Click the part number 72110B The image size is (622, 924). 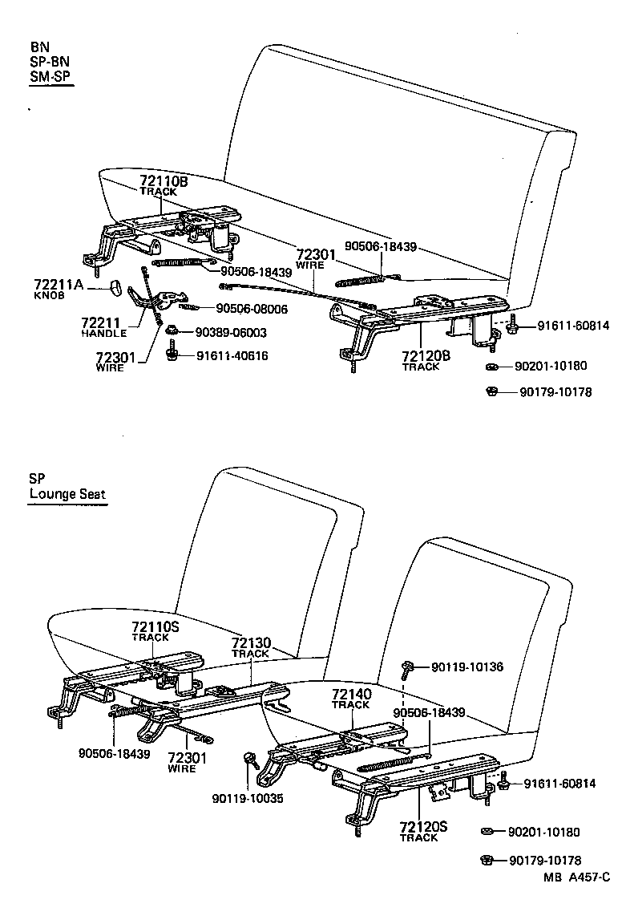point(164,182)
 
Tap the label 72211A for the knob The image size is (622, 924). point(59,284)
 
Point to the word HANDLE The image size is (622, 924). point(104,333)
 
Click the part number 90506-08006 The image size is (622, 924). point(252,309)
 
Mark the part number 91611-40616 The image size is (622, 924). point(232,356)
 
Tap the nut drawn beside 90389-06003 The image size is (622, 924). point(172,331)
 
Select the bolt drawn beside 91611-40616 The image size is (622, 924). point(172,354)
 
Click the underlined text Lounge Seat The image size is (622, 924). point(67,494)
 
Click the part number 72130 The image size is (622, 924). point(251,643)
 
